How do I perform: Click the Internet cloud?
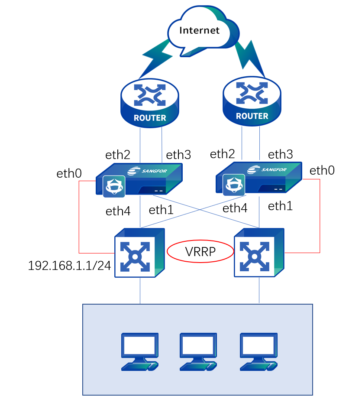[x=200, y=31]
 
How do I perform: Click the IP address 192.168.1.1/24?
[x=69, y=266]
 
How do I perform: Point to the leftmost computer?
[x=139, y=351]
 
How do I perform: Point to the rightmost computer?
[x=259, y=351]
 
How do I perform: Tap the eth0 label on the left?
[x=69, y=174]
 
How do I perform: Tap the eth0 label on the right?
[x=322, y=170]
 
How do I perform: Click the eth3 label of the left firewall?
[x=179, y=154]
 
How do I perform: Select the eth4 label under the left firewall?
[x=118, y=211]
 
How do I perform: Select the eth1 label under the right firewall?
[x=280, y=206]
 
